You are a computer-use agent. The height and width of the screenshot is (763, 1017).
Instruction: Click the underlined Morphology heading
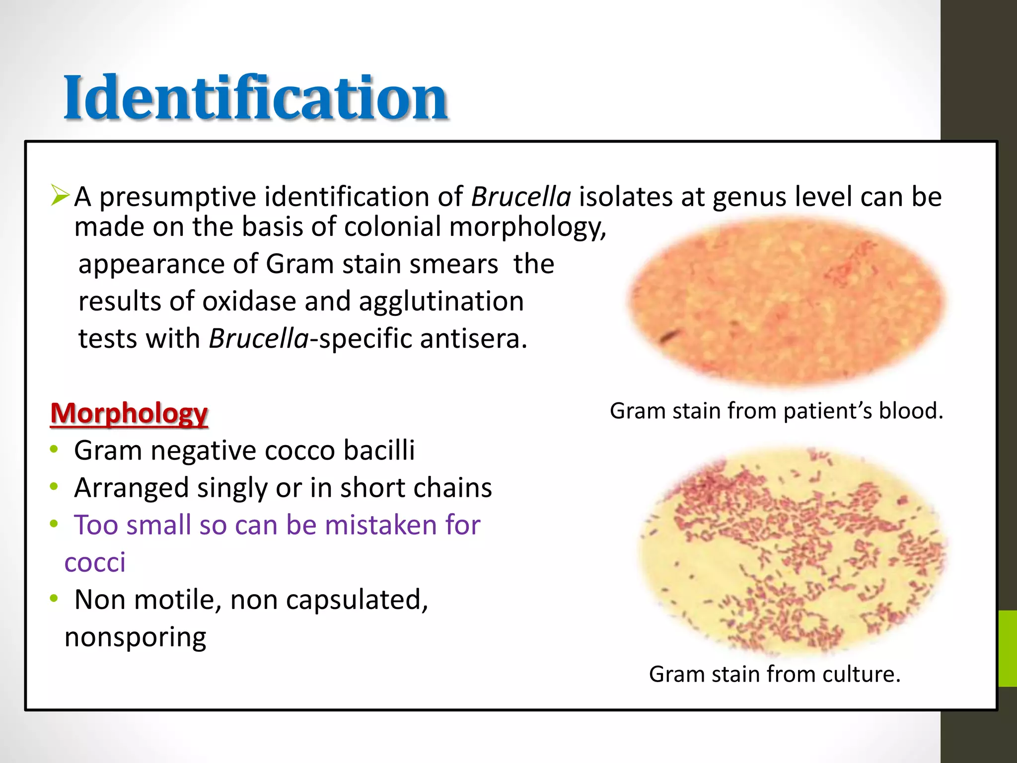(129, 413)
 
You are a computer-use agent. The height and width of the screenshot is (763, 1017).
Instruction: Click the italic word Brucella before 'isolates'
(521, 197)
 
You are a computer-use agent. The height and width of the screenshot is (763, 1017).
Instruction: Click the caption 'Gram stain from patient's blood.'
(776, 411)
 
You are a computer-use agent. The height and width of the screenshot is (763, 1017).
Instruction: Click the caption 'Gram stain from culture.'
(774, 675)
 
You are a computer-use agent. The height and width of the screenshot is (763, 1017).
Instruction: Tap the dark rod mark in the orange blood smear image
(668, 336)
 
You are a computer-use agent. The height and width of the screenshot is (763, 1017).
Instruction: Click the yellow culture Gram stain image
(792, 551)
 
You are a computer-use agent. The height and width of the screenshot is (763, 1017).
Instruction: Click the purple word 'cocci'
(95, 562)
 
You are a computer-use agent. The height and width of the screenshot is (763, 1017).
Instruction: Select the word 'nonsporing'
(135, 637)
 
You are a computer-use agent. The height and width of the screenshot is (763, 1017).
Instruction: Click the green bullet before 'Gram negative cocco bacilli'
(54, 450)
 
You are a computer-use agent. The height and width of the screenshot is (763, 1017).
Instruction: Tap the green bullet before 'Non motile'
(54, 599)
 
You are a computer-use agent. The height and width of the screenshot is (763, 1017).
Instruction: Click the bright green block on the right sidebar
(1007, 648)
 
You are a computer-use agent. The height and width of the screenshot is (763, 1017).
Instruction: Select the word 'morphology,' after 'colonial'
(527, 227)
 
